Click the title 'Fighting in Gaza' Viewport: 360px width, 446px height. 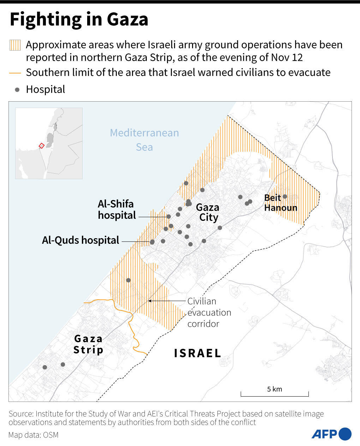(x=79, y=19)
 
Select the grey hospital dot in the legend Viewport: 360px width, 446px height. (x=17, y=90)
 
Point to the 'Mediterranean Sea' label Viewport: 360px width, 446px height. (x=144, y=140)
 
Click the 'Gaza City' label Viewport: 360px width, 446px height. (x=208, y=212)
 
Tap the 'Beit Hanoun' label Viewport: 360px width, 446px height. (x=280, y=203)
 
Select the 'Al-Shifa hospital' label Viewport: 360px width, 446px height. (x=116, y=209)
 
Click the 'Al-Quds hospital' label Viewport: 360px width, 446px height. (x=80, y=240)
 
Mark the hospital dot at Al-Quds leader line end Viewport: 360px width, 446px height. (x=152, y=242)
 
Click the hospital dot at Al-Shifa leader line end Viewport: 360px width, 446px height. (x=169, y=217)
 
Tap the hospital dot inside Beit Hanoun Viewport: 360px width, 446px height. (x=285, y=197)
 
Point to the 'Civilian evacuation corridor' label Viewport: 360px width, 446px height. (x=209, y=312)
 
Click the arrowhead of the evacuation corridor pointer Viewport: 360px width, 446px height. (x=150, y=301)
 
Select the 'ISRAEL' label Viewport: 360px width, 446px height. (x=197, y=353)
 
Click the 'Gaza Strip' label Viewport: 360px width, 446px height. (x=88, y=344)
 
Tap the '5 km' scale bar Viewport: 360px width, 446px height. (x=275, y=393)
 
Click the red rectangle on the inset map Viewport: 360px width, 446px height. (x=41, y=145)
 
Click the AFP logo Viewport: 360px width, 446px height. (x=331, y=434)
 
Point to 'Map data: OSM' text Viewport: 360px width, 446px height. (x=33, y=435)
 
